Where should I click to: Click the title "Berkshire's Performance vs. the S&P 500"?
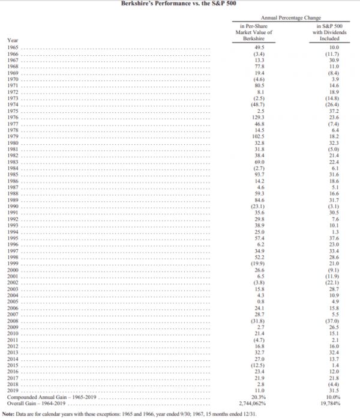pos(179,4)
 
